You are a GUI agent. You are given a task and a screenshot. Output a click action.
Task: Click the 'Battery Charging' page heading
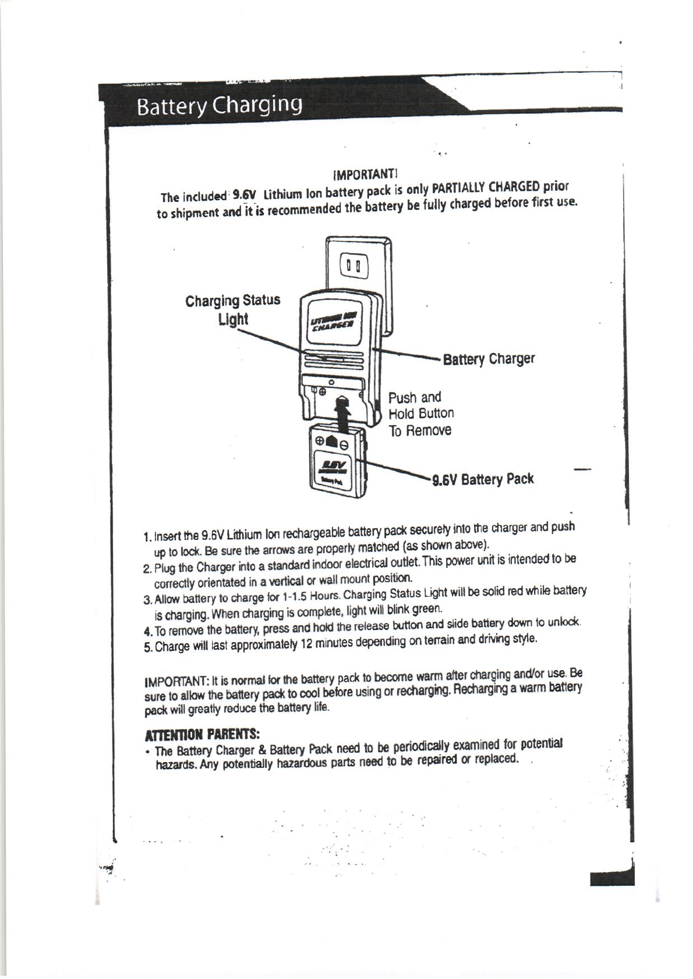click(219, 106)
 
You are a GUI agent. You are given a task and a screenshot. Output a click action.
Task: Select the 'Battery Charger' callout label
click(489, 359)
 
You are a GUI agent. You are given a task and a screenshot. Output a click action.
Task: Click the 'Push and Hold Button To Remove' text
click(420, 414)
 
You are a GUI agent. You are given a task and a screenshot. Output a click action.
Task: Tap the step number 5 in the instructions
click(147, 647)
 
